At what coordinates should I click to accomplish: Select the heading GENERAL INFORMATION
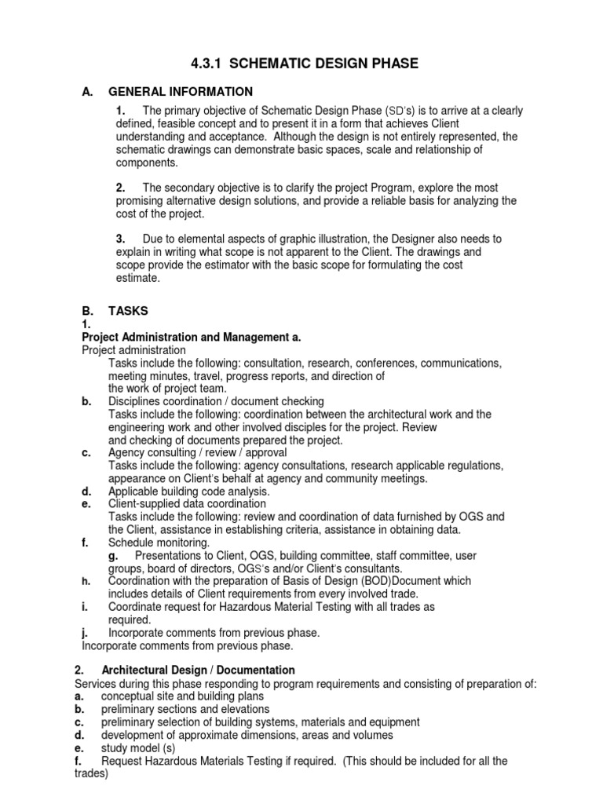pyautogui.click(x=181, y=92)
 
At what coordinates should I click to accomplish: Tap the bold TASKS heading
pyautogui.click(x=127, y=311)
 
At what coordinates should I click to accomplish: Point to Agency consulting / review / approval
pyautogui.click(x=197, y=452)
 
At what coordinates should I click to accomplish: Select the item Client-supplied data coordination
pyautogui.click(x=187, y=503)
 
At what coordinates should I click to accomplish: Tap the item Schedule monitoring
pyautogui.click(x=159, y=542)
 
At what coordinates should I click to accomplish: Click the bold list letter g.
pyautogui.click(x=113, y=555)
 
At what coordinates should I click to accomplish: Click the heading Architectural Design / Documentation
pyautogui.click(x=198, y=670)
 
